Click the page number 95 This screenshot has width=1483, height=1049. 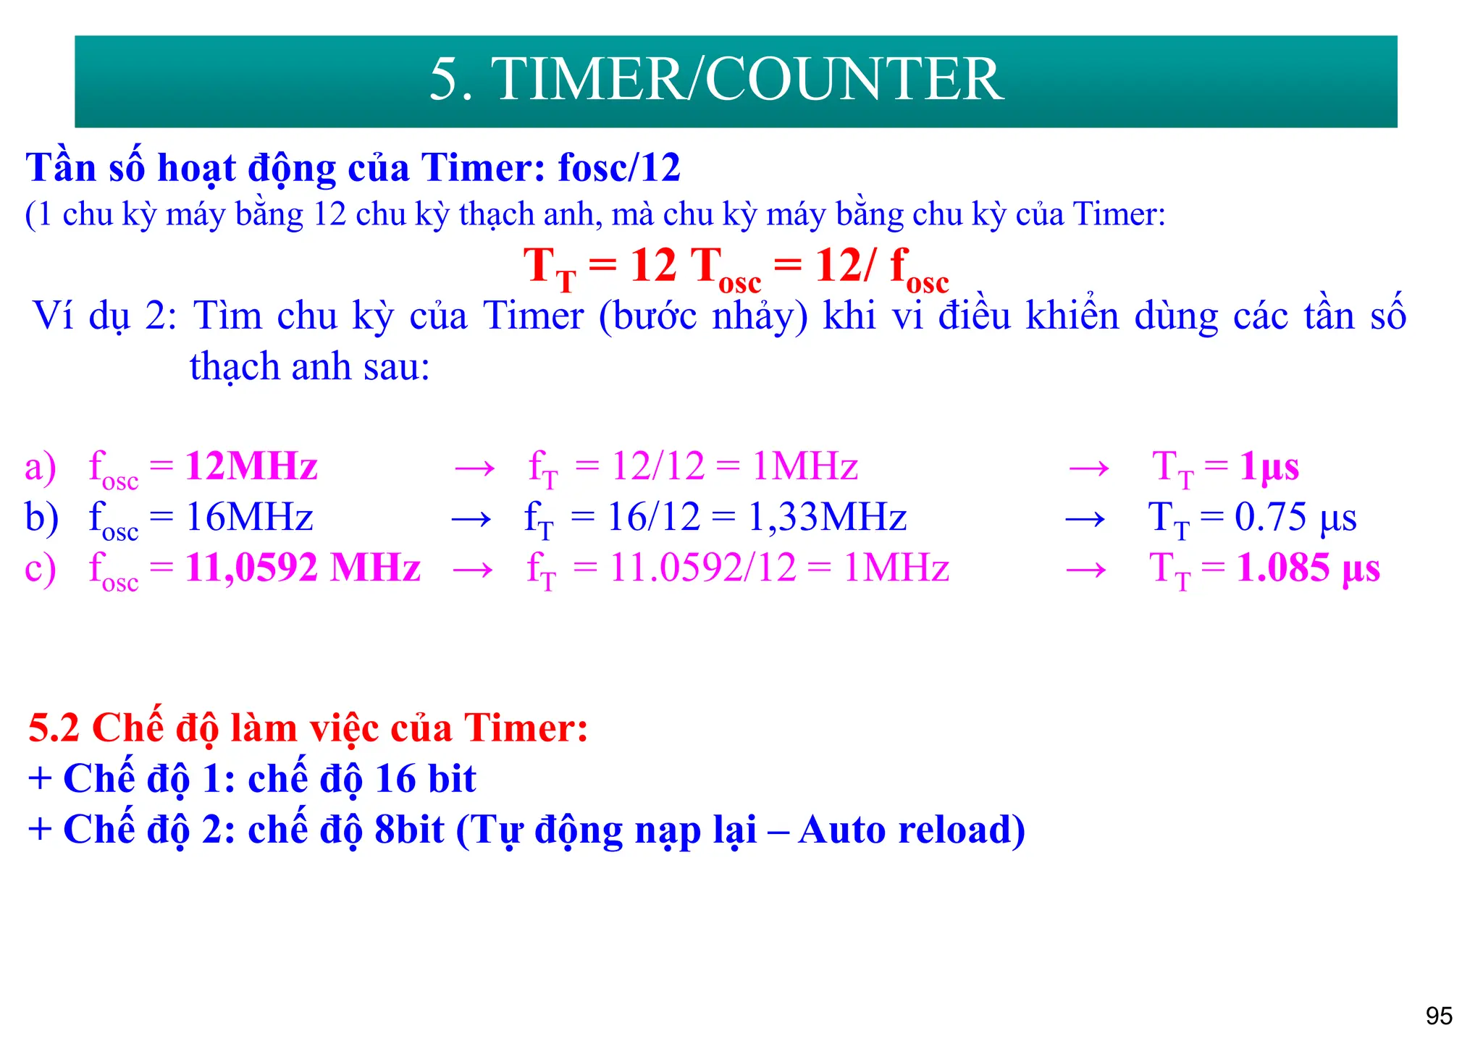tap(1439, 1016)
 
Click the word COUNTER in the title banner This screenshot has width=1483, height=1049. tap(854, 80)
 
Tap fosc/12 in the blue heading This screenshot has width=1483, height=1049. tap(619, 168)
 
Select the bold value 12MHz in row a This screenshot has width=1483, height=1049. tap(251, 466)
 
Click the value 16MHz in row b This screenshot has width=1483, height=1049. tap(249, 518)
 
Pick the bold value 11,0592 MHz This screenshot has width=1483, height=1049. tap(303, 568)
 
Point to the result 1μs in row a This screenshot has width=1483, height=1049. tap(1269, 466)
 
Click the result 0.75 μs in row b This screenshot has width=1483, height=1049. tap(1295, 518)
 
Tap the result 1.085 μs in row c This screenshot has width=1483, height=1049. tap(1308, 568)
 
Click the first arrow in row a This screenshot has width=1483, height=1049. tap(474, 468)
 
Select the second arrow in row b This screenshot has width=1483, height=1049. tap(1085, 519)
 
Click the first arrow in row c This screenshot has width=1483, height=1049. tap(473, 570)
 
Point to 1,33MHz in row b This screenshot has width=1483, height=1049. tap(827, 518)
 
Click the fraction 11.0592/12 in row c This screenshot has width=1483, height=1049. tap(703, 568)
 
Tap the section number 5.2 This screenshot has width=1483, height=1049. tap(54, 728)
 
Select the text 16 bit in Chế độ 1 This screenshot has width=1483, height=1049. tap(426, 779)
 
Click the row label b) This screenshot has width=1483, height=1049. tap(42, 518)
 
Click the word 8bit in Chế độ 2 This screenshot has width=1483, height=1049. tap(409, 830)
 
